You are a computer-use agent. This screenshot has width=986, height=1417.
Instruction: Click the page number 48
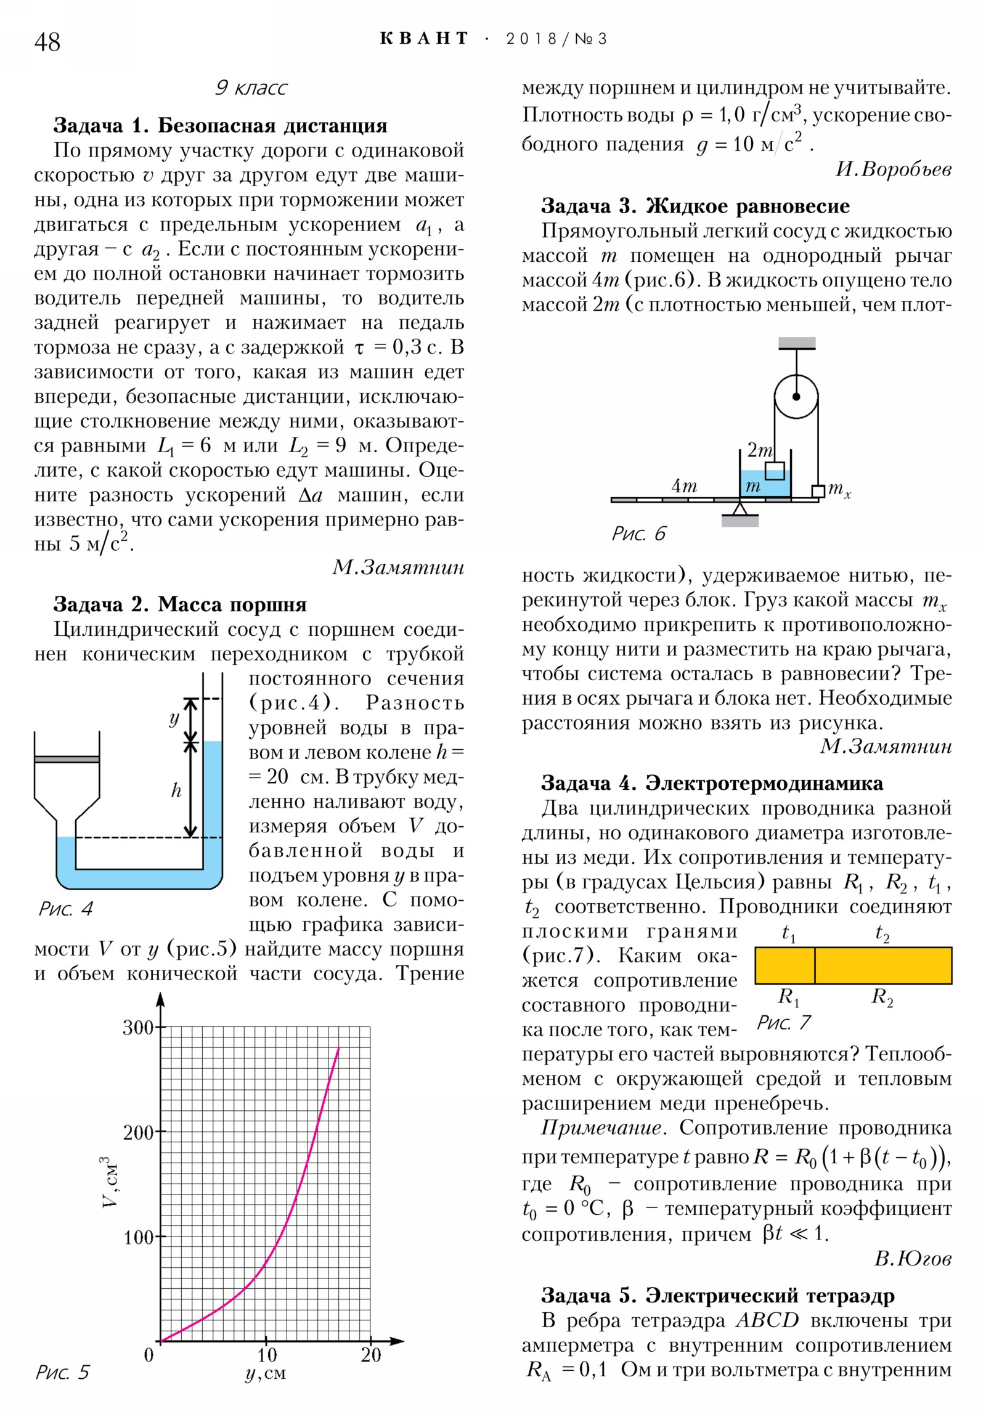(47, 43)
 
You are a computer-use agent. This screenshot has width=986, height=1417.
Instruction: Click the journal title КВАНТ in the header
(424, 39)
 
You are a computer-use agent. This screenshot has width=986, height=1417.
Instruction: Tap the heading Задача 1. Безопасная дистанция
(220, 125)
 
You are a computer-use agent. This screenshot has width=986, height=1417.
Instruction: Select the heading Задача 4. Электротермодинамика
(711, 783)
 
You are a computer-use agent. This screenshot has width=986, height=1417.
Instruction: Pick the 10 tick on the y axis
(267, 1355)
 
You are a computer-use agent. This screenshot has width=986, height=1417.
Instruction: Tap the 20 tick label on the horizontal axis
(371, 1355)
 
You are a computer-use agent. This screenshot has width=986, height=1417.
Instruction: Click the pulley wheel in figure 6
(796, 396)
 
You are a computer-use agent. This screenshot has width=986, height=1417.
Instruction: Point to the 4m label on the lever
(684, 485)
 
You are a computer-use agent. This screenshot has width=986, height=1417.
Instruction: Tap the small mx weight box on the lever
(818, 491)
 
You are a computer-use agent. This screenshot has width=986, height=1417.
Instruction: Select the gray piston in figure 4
(67, 759)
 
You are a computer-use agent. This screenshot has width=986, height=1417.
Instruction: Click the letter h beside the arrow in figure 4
(176, 790)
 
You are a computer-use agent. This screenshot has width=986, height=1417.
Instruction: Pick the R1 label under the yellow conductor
(788, 997)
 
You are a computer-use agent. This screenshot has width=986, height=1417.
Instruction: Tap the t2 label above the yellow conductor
(882, 933)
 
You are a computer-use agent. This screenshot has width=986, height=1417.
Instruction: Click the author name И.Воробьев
(893, 169)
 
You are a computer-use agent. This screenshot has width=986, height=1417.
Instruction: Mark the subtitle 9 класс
(251, 87)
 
